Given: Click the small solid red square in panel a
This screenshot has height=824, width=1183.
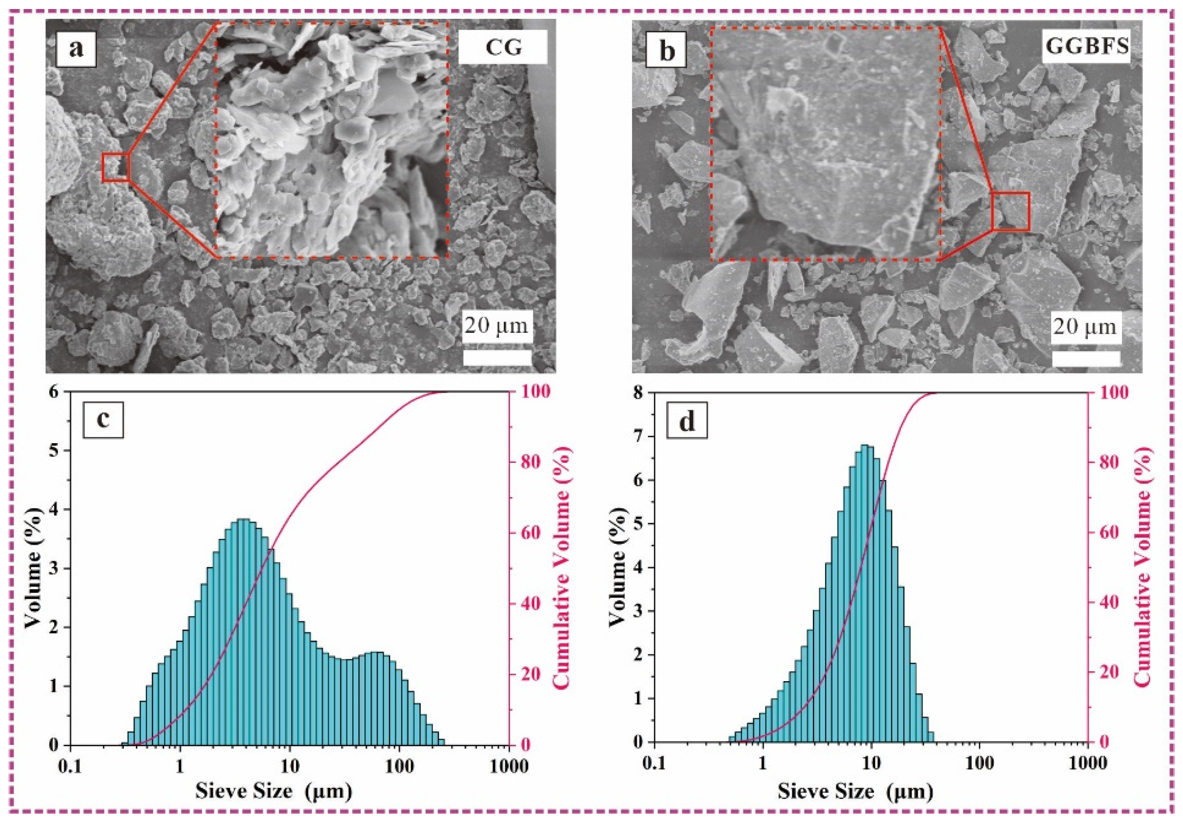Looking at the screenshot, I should (x=115, y=167).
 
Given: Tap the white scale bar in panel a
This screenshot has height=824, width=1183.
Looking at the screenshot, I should (x=497, y=357).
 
